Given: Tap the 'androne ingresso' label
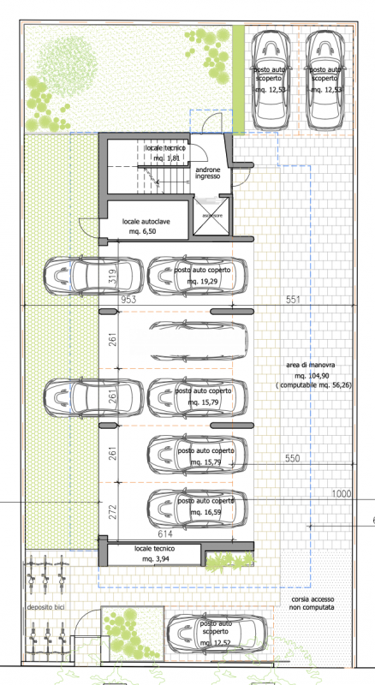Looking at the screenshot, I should click(208, 173).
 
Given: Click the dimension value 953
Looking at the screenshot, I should click(129, 301).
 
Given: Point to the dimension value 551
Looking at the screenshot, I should click(293, 301).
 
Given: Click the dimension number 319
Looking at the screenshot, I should click(112, 276).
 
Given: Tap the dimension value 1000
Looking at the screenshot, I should click(342, 494).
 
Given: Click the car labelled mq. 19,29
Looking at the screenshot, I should click(199, 276).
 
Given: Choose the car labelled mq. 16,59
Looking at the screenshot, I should click(199, 507).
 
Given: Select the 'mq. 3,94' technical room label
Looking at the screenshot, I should click(155, 558).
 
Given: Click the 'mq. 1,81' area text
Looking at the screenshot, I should click(167, 158).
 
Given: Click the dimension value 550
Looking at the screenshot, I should click(293, 459).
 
